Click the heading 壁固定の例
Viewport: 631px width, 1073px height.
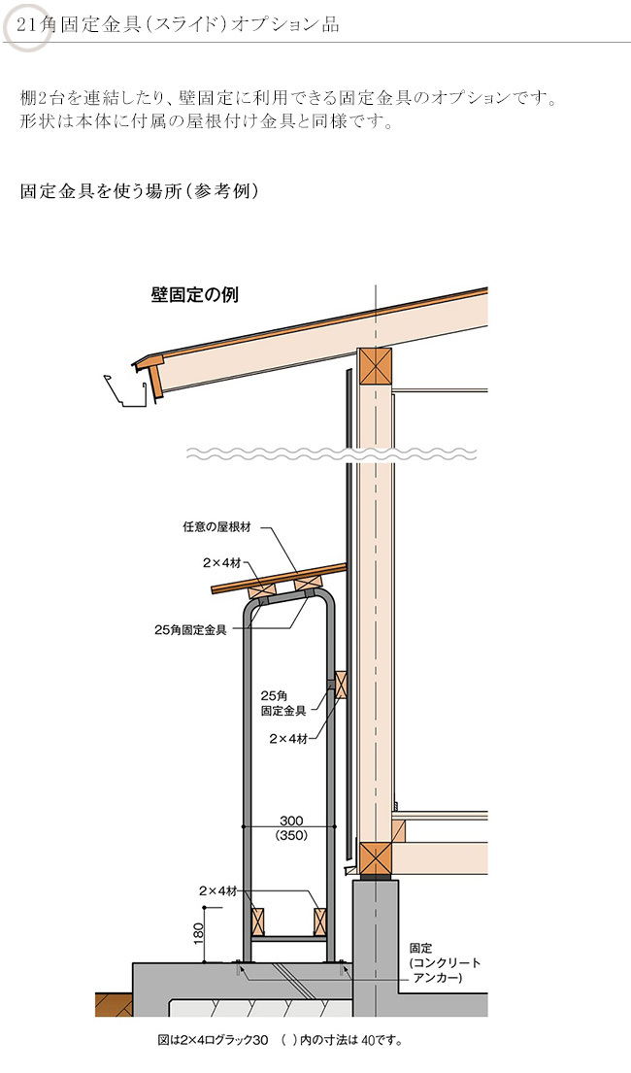coord(194,295)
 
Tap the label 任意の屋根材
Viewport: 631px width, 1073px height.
coord(216,527)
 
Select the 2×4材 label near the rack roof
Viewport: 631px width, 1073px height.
coord(221,563)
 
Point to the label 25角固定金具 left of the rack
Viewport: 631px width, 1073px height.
coord(190,630)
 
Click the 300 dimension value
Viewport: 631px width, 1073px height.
coord(291,821)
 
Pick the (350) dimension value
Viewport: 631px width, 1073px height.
coord(291,835)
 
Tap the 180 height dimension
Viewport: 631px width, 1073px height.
coord(199,933)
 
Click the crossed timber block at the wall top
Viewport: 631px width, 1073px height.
coord(375,366)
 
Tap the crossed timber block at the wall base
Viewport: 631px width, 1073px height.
coord(375,858)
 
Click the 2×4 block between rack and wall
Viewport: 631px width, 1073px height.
coord(341,685)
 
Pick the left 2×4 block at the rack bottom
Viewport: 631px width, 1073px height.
coord(257,922)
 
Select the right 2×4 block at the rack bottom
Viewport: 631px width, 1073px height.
coord(320,922)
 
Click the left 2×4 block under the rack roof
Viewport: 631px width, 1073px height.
coord(262,587)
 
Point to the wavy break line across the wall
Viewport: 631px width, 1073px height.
coord(332,453)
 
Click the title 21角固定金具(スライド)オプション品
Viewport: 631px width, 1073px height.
coord(178,25)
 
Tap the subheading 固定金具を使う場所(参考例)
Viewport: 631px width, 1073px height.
coord(140,190)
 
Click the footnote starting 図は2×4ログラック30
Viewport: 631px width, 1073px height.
coord(280,1040)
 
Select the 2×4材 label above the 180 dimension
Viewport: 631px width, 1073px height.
coord(218,891)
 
